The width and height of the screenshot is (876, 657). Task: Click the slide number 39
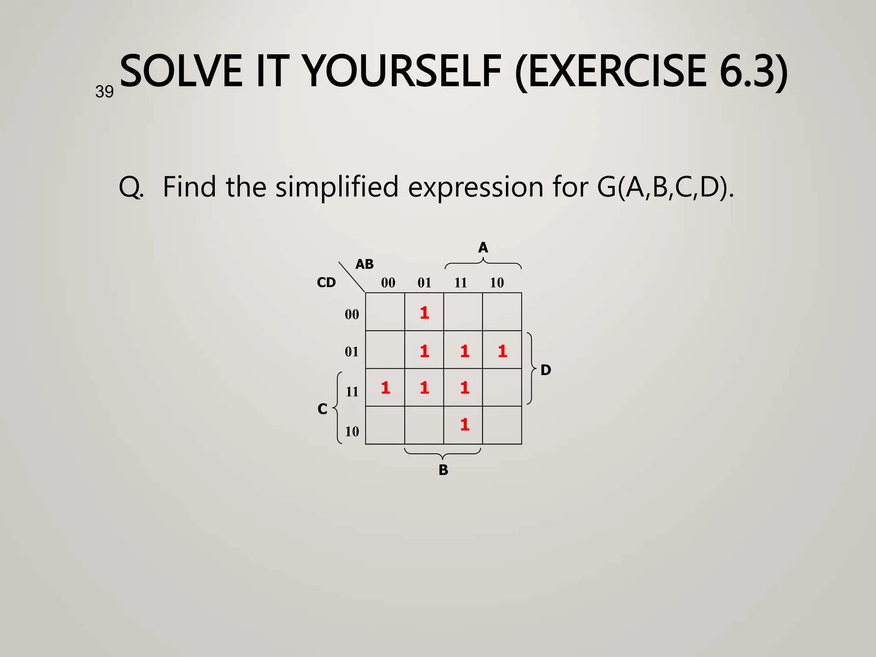coord(104,92)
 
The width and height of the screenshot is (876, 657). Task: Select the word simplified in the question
coord(337,187)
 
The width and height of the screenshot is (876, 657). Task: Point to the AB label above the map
coord(364,264)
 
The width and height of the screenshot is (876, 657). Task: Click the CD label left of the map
coord(326,282)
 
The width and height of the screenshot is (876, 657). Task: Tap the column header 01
coord(424,282)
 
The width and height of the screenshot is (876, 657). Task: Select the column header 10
coord(497,282)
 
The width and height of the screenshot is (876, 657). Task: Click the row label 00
coord(352,314)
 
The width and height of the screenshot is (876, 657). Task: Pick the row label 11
coord(352,391)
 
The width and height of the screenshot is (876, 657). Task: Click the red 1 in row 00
coord(424,313)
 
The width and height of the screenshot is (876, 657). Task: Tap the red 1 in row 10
coord(465,424)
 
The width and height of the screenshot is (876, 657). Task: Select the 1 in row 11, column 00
coord(385,388)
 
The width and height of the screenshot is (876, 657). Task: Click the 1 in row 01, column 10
coord(502,351)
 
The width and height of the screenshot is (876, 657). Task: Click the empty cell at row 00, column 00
coord(385,312)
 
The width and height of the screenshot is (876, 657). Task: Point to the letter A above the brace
coord(483,248)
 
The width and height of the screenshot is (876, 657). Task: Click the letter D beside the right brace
coord(545,370)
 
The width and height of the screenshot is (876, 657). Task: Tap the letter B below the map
coord(443,470)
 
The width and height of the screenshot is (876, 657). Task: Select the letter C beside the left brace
coord(323,409)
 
